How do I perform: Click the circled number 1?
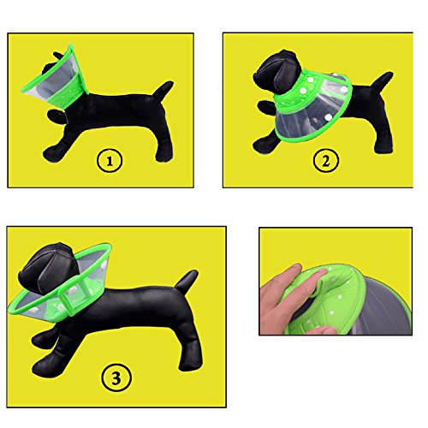110,161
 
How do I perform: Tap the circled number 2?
326,161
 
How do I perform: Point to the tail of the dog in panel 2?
382,80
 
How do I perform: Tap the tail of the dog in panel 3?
186,282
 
